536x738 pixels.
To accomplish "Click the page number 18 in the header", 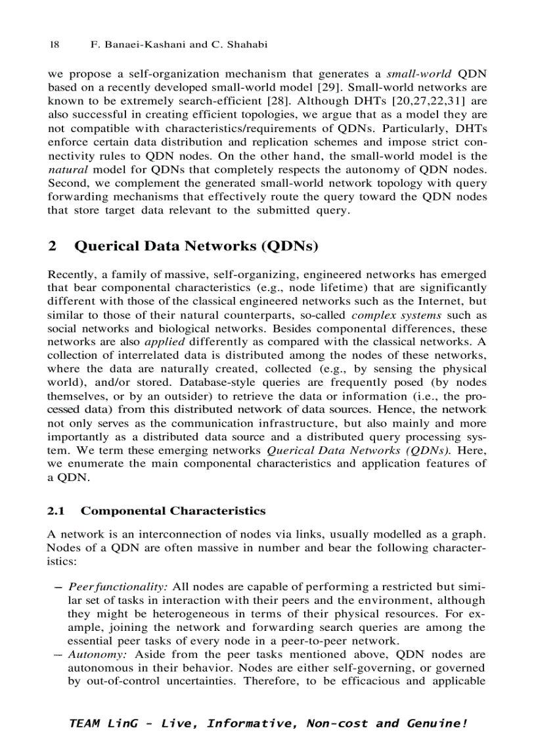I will pos(55,45).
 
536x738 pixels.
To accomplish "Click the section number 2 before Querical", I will pos(52,247).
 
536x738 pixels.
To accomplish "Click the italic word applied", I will pos(161,342).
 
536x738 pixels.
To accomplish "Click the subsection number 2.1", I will pos(56,511).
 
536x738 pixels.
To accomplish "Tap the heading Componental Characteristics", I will pos(173,511).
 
